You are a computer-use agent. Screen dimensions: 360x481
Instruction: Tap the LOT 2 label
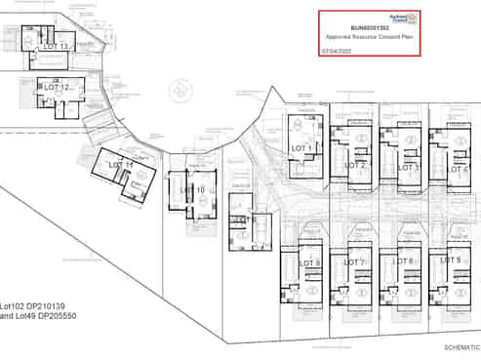355,165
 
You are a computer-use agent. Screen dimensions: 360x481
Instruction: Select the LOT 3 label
407,167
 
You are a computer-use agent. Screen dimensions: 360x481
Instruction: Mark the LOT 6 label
404,261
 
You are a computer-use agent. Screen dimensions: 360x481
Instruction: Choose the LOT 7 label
353,262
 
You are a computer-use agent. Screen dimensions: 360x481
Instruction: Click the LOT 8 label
308,263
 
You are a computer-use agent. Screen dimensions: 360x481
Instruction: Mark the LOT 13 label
56,46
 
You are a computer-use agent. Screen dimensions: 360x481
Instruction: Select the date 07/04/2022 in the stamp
338,48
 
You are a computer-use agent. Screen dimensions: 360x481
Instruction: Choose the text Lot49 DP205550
45,317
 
